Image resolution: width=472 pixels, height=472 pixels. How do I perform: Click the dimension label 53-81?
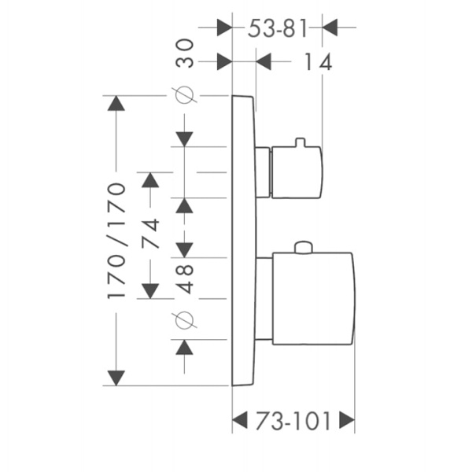276,28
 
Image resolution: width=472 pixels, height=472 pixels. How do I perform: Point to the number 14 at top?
318,62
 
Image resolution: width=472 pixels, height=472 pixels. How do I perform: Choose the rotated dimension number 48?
185,278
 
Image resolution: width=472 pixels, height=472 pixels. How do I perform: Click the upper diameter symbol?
185,96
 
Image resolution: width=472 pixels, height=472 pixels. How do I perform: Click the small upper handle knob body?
296,172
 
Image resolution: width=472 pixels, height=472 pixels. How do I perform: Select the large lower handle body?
312,298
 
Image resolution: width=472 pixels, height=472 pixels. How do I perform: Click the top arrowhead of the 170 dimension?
116,104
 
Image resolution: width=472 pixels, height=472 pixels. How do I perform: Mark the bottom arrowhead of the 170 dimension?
116,378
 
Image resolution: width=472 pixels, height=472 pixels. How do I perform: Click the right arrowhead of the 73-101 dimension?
346,421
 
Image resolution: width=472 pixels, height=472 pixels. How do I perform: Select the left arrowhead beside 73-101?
240,421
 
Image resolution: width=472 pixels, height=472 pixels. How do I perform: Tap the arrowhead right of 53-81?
330,28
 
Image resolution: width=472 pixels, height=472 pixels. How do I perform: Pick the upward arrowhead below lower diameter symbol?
185,347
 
